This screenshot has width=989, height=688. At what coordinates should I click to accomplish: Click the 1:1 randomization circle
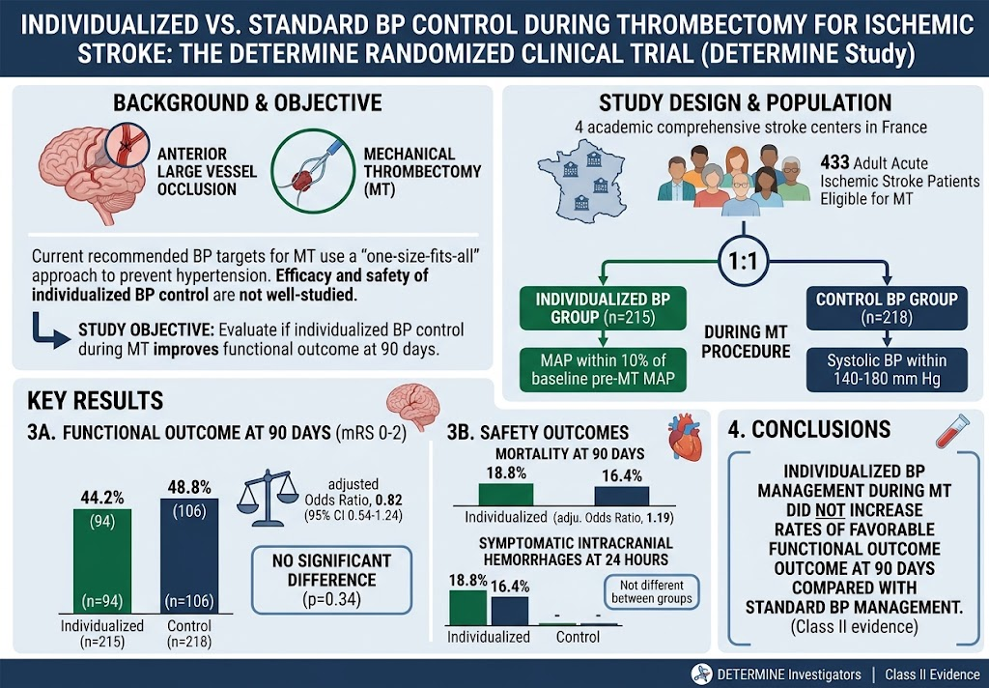coord(744,261)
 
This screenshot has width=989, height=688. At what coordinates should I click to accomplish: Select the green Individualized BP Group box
coord(603,308)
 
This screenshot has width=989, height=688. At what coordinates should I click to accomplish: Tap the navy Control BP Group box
coord(887,308)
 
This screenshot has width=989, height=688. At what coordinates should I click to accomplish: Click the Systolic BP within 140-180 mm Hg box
coord(887,370)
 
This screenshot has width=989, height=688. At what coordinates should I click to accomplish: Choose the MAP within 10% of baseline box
coord(603,370)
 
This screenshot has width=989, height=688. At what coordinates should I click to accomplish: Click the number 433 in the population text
coord(834,163)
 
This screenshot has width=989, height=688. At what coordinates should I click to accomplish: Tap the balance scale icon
coord(268,498)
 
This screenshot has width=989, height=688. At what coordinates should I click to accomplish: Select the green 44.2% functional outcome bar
coord(102,560)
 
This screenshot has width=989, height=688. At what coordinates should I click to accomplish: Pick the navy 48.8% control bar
coord(189,556)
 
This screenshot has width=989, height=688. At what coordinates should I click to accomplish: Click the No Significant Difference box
coord(332,580)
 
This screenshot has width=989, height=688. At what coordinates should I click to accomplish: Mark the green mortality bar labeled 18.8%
coord(506,494)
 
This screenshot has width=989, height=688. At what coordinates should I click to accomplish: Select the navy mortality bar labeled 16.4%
coord(622,496)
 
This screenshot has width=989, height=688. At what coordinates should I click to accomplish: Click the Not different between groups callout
coord(652,592)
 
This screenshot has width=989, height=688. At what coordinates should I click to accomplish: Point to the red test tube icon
coord(952,430)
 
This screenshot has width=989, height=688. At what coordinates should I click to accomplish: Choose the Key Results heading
coord(96,401)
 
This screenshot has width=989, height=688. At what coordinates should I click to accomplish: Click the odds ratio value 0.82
coord(388,501)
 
